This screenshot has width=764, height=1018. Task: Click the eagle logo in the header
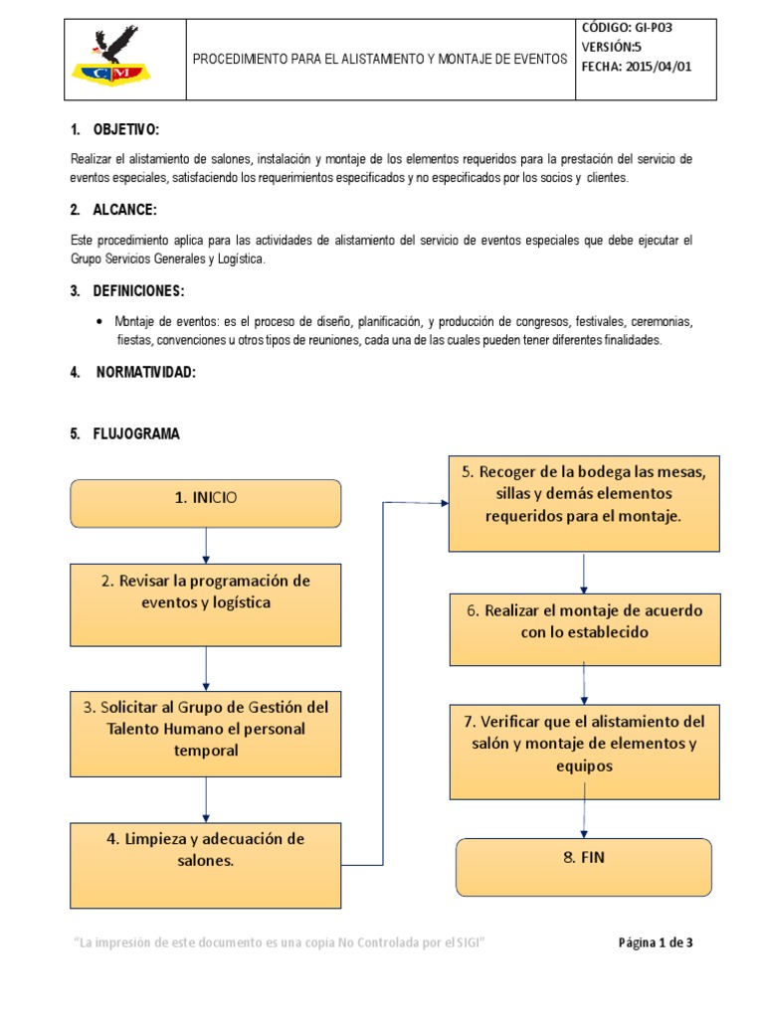click(x=120, y=59)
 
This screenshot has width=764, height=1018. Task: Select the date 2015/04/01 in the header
click(x=645, y=67)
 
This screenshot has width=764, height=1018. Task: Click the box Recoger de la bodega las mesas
click(x=584, y=503)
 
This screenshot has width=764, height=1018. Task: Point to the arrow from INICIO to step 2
click(x=205, y=545)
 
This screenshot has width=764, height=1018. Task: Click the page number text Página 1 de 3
click(x=655, y=943)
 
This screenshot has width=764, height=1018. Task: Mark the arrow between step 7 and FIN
click(x=584, y=818)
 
